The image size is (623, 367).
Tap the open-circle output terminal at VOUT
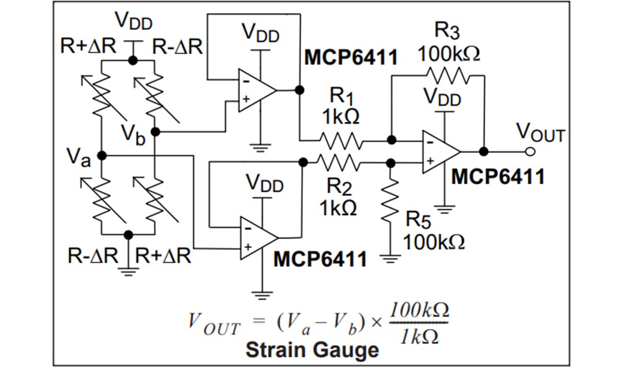click(530, 152)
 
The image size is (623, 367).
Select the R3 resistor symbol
click(448, 75)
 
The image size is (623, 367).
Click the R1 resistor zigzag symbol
click(341, 140)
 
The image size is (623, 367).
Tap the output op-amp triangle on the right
click(440, 151)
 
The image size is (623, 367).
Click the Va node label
click(78, 157)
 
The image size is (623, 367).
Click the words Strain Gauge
click(312, 350)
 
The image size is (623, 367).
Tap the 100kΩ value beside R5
click(434, 242)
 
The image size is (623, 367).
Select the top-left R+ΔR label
click(89, 47)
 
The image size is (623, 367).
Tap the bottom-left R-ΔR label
click(92, 255)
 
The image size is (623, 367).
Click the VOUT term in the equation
click(214, 324)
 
